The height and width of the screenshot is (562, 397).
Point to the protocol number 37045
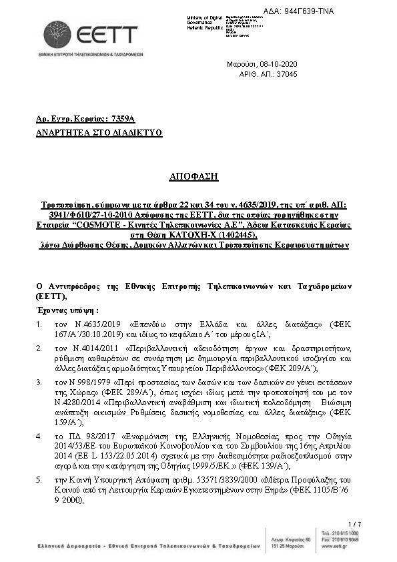point(286,73)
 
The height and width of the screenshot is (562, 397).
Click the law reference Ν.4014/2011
point(86,348)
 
